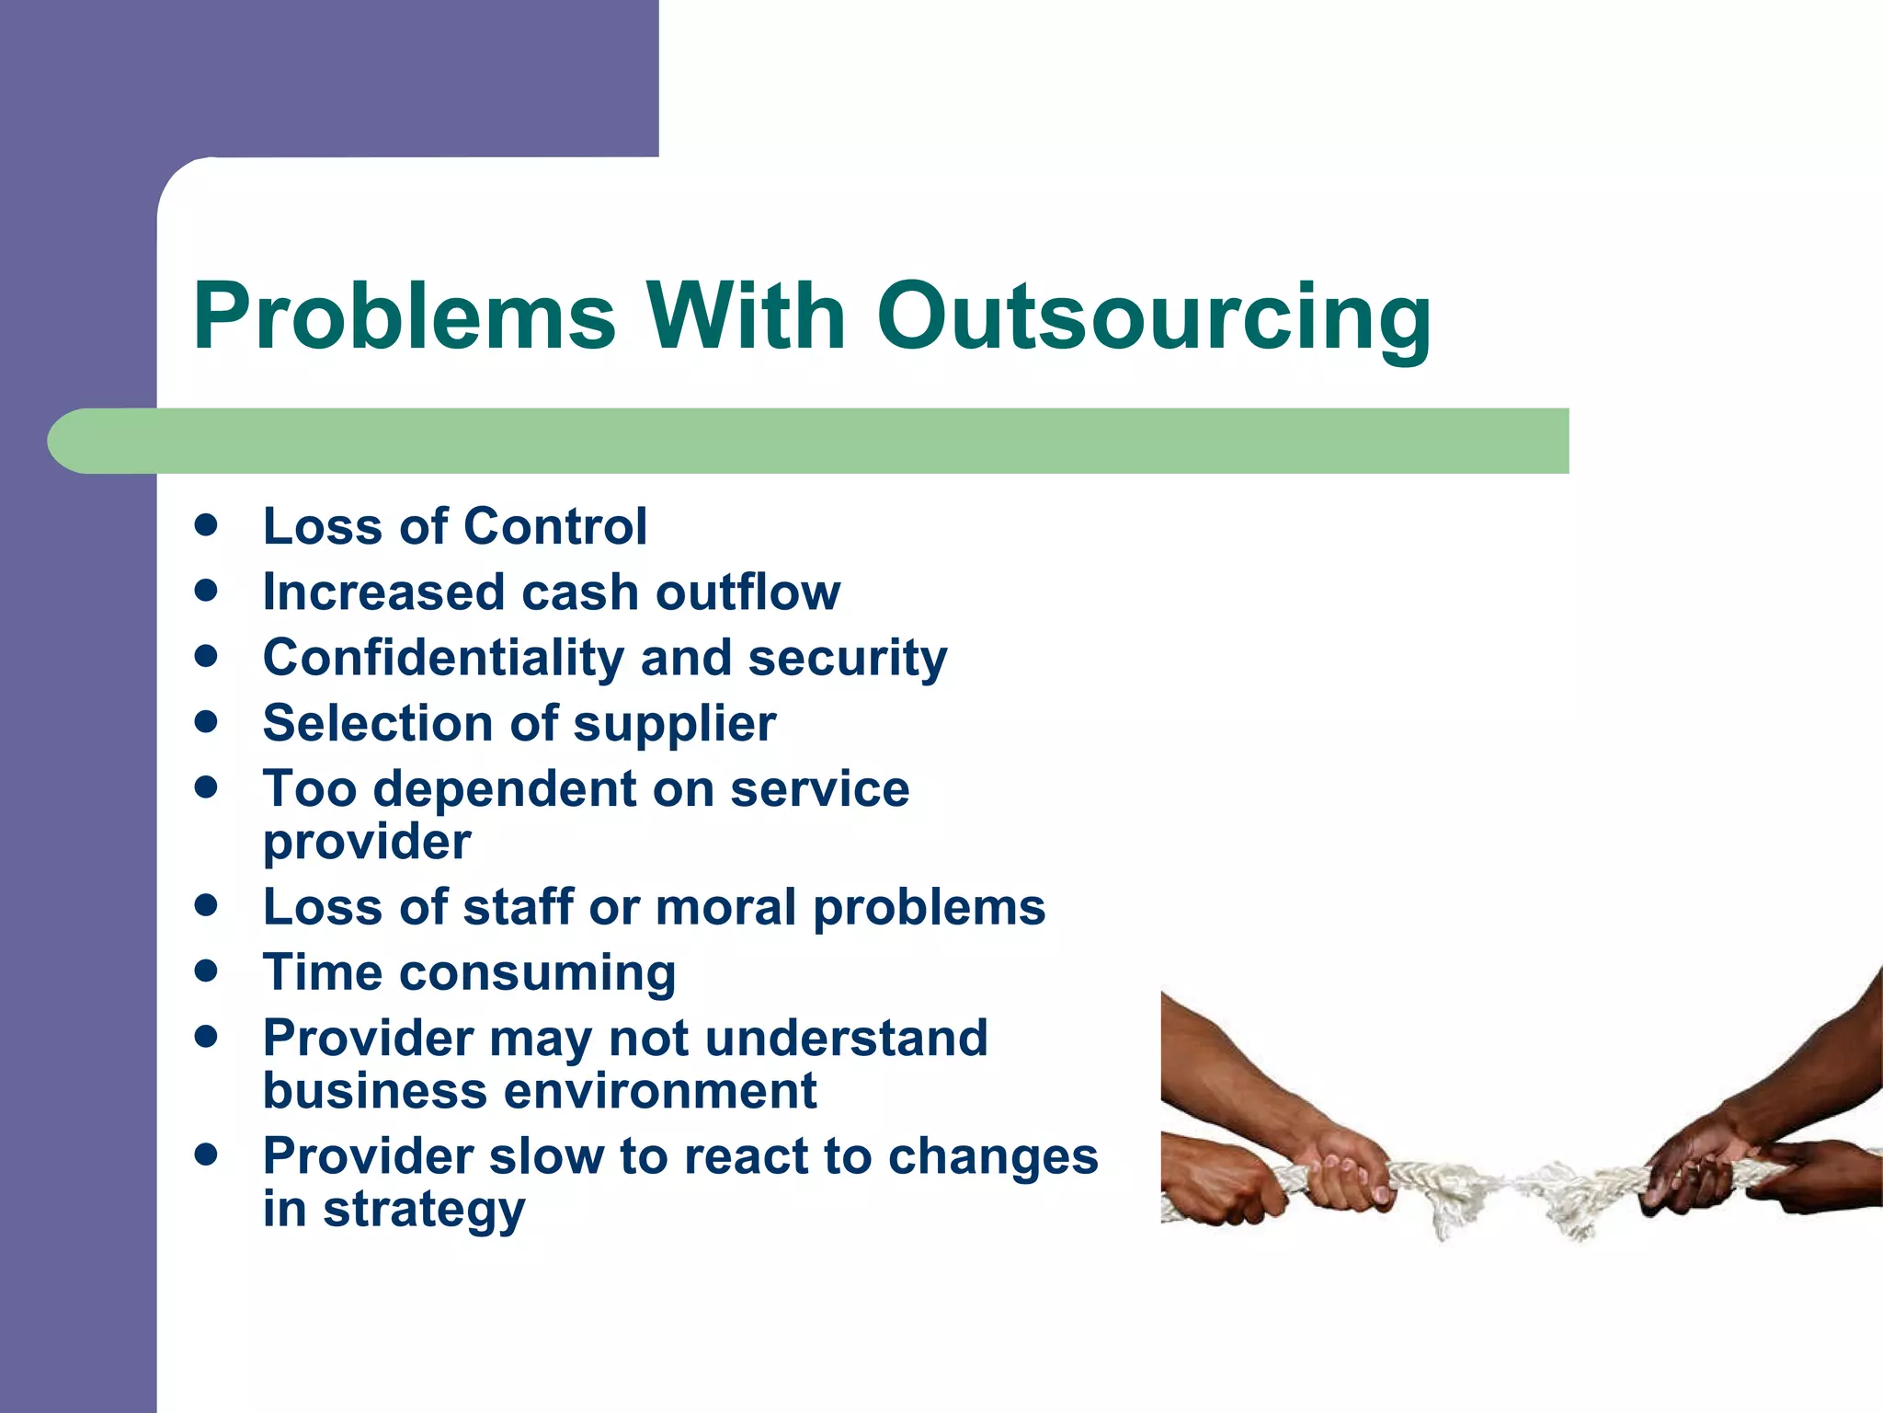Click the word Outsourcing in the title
pos(1154,317)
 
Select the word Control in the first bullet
pos(555,526)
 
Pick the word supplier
pos(675,725)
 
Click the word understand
pos(846,1039)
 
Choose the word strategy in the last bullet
pos(424,1211)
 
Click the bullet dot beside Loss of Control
pos(206,525)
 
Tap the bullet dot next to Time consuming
pos(206,971)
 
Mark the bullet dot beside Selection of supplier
pos(206,722)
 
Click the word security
pos(847,659)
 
